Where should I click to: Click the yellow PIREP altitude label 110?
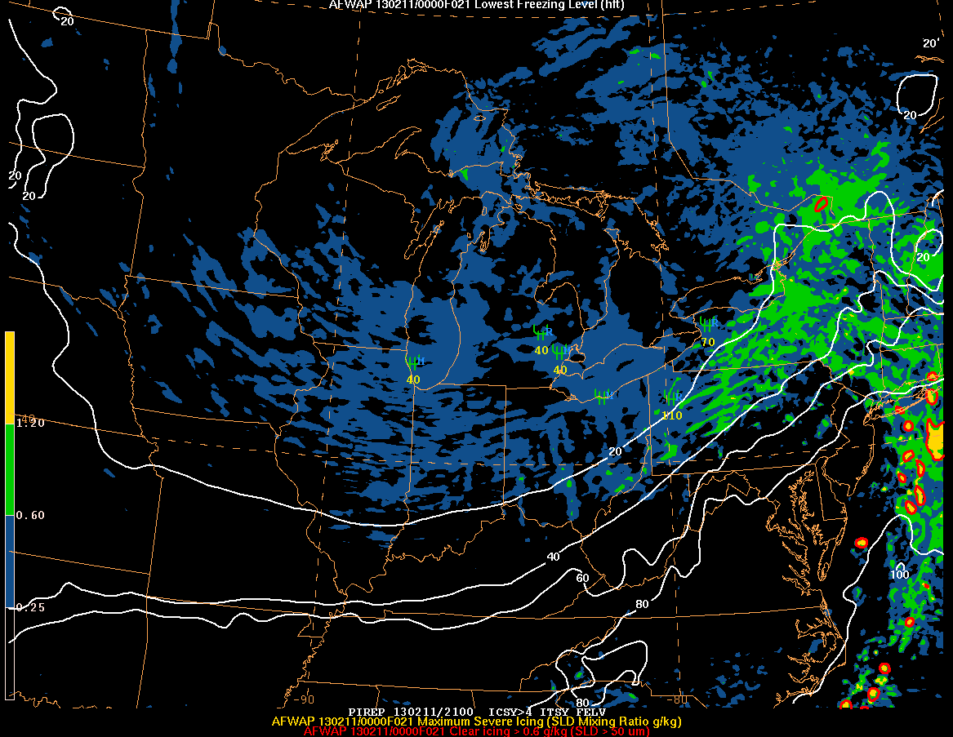pos(672,415)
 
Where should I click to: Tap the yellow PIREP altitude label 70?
pos(708,342)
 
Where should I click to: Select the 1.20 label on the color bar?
pos(31,423)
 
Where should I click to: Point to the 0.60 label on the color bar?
pos(31,515)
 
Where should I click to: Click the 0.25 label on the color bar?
pos(31,607)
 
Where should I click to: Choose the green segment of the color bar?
pos(10,469)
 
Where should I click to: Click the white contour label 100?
pos(899,575)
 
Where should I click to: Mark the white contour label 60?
pos(582,578)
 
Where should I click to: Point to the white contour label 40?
pos(553,557)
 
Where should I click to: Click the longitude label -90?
pos(304,699)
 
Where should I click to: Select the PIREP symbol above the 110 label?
pos(673,399)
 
